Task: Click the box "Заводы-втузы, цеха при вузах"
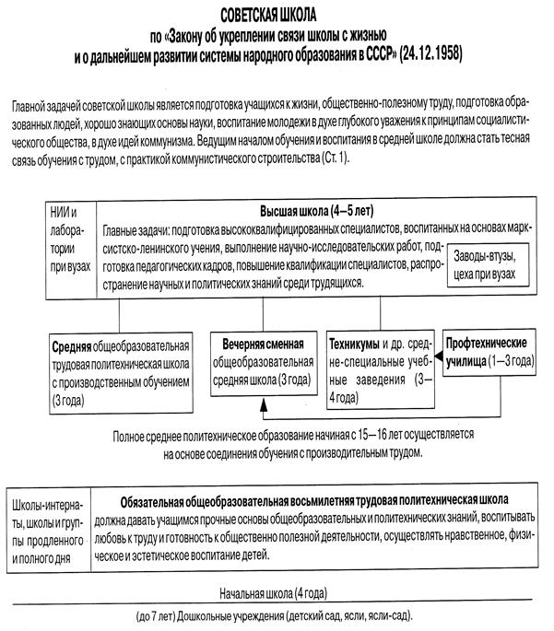[491, 260]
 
